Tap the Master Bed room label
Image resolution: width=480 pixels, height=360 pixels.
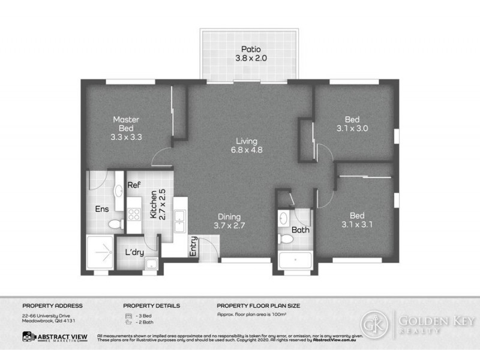click(126, 128)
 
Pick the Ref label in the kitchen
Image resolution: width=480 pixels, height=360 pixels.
click(134, 186)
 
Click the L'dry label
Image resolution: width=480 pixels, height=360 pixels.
click(134, 253)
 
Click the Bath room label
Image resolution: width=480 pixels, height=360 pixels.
click(300, 230)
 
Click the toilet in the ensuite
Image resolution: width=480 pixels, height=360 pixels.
click(115, 225)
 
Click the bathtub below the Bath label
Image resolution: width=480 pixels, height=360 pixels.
click(295, 260)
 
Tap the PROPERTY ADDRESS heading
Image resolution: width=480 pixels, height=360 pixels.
click(52, 305)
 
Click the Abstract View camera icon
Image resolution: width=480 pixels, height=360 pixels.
click(28, 338)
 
